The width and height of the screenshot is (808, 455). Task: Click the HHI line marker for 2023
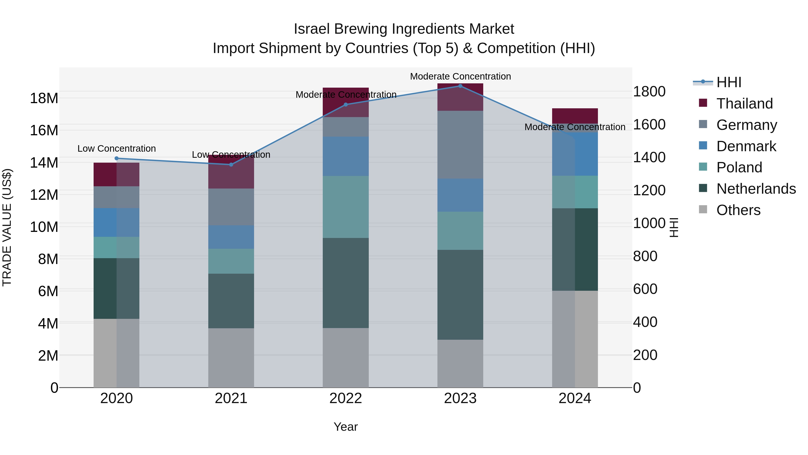pos(460,86)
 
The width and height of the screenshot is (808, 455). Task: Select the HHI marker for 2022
pos(346,104)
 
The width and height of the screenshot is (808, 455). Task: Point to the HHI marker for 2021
pos(231,164)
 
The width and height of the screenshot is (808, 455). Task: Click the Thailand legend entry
pos(744,104)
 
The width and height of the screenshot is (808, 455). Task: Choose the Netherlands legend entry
pos(756,189)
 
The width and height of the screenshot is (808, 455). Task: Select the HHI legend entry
pos(729,82)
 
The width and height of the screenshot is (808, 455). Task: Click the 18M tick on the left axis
pos(44,98)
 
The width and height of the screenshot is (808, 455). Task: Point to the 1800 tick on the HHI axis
pos(649,92)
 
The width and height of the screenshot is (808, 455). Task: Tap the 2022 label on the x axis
pos(346,398)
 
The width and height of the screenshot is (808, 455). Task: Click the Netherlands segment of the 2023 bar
pos(460,295)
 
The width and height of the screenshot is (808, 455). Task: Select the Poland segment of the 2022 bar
pos(346,207)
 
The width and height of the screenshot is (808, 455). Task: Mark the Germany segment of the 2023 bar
pos(460,144)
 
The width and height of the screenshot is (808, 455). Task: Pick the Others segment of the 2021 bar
pos(231,358)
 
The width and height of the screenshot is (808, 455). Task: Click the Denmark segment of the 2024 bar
pos(575,154)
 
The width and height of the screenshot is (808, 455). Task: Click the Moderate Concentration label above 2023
pos(460,76)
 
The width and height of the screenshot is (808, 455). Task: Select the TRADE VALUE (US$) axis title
pos(7,227)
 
